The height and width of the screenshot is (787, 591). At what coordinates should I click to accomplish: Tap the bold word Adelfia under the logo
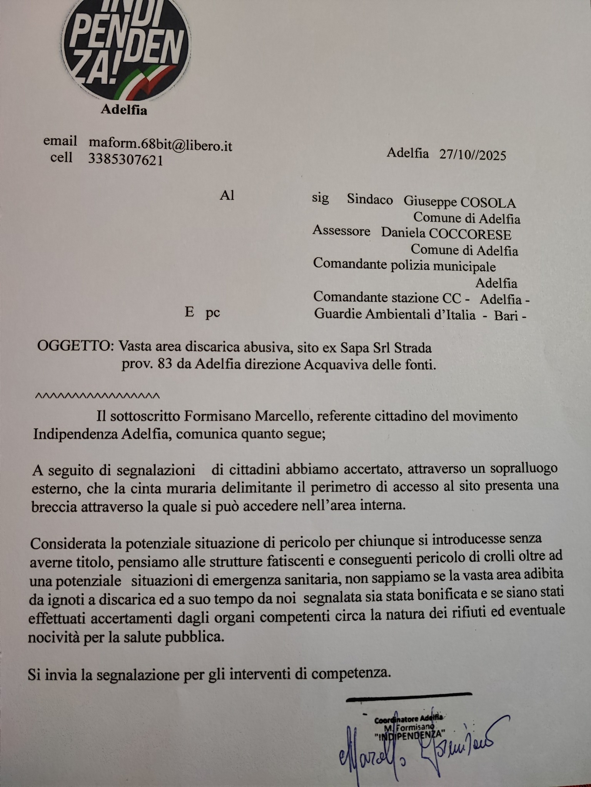pos(124,110)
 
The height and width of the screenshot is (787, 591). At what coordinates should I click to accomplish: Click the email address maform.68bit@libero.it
pos(160,144)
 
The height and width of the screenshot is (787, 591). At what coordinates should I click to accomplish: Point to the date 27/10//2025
pos(472,154)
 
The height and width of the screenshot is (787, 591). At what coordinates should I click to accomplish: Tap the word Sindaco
pos(370,200)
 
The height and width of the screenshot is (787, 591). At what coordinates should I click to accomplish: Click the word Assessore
pos(342,231)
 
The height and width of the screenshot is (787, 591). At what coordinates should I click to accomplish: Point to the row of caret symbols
pos(97,395)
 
